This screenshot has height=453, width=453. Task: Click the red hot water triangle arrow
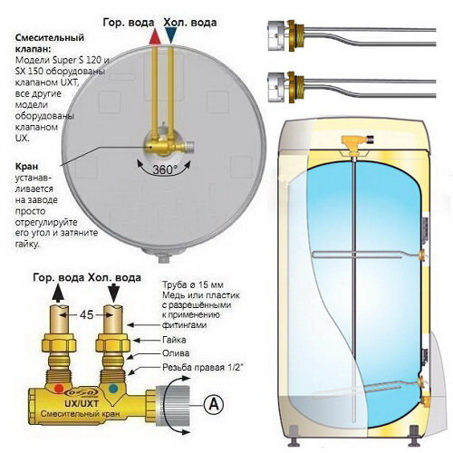click(x=155, y=37)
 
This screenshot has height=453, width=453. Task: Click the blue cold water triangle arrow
click(x=171, y=35)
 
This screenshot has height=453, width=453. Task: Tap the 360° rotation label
click(x=165, y=169)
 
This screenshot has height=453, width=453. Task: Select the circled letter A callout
click(x=214, y=404)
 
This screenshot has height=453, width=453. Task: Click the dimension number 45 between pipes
click(x=86, y=315)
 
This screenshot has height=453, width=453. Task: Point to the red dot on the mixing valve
click(x=59, y=389)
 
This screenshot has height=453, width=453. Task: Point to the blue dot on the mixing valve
click(x=113, y=389)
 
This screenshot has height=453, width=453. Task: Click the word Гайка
click(x=174, y=340)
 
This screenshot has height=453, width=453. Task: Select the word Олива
click(x=176, y=353)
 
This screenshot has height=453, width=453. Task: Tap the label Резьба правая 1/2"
click(x=203, y=367)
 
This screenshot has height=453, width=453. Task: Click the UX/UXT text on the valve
click(x=82, y=403)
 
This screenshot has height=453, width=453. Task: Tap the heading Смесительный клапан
click(x=50, y=43)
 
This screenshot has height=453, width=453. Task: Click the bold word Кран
click(x=26, y=167)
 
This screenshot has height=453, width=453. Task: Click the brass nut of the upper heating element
click(x=292, y=35)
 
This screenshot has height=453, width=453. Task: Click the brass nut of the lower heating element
click(x=292, y=87)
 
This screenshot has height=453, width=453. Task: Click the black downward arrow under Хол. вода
click(x=113, y=293)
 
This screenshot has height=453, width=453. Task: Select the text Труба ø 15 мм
click(x=193, y=285)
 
